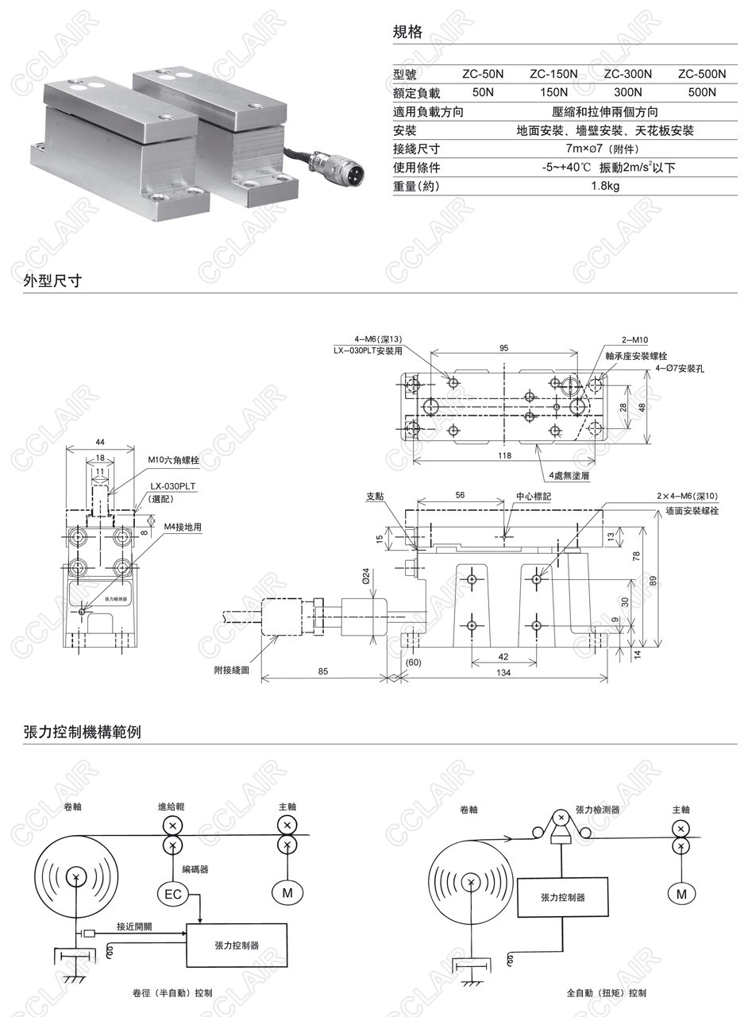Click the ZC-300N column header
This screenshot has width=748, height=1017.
[x=628, y=74]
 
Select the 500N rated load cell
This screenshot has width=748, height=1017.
[x=702, y=92]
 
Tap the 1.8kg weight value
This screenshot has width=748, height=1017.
[x=605, y=186]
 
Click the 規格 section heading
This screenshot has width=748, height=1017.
[x=407, y=33]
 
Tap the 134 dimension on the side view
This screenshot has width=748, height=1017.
[x=503, y=672]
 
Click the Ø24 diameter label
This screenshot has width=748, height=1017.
[x=367, y=575]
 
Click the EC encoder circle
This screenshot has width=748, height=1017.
[x=172, y=895]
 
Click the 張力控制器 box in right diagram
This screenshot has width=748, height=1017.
[x=562, y=897]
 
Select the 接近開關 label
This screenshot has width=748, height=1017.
[x=134, y=926]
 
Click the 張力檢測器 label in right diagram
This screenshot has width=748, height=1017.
[x=597, y=809]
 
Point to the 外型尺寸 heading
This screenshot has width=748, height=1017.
[x=52, y=280]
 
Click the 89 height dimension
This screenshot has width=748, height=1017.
[x=653, y=581]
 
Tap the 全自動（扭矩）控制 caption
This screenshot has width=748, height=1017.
[x=606, y=993]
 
